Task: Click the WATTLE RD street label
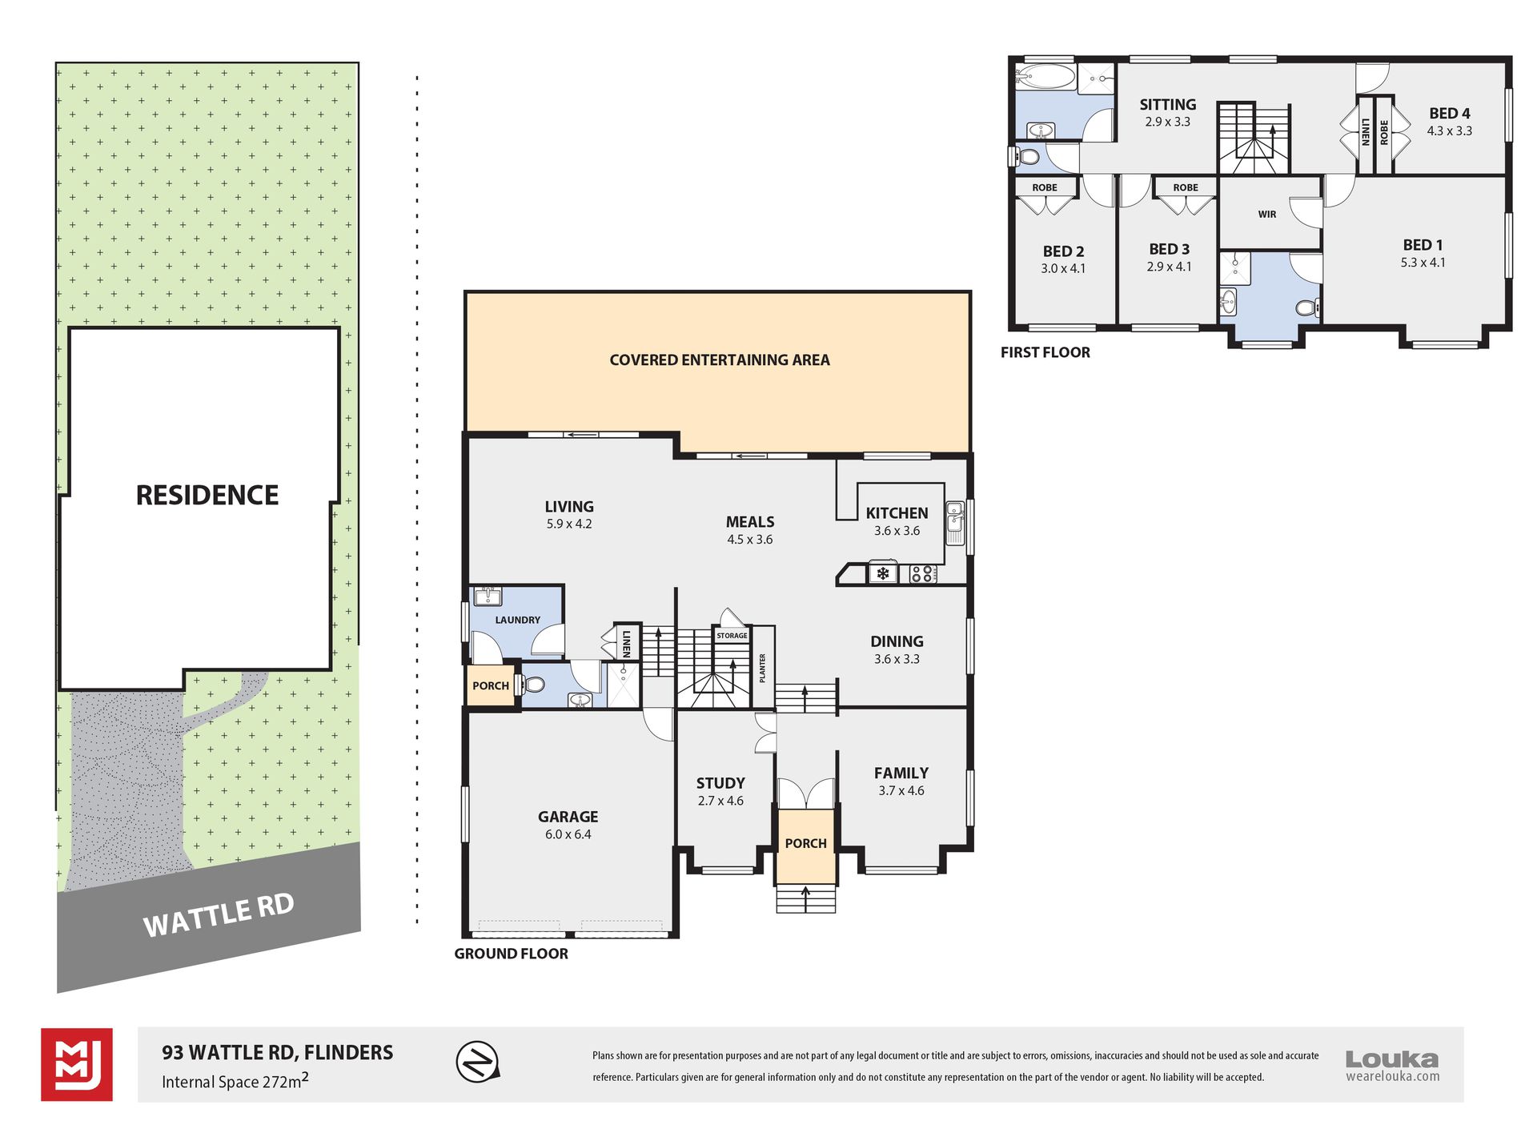point(219,914)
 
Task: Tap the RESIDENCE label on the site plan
point(207,495)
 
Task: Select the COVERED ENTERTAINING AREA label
point(720,360)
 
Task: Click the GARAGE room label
point(568,817)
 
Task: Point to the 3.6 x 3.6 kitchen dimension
point(897,531)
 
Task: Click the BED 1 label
point(1423,245)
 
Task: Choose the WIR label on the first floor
point(1267,215)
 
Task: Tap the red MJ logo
point(77,1064)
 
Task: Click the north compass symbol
point(478,1063)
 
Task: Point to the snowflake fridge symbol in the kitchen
point(883,573)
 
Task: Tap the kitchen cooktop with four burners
point(923,573)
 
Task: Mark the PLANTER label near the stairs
point(763,668)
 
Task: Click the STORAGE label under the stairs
point(732,636)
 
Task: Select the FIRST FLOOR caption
point(1045,352)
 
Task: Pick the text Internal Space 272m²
point(235,1081)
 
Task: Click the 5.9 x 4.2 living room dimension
point(569,524)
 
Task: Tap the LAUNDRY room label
point(518,620)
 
